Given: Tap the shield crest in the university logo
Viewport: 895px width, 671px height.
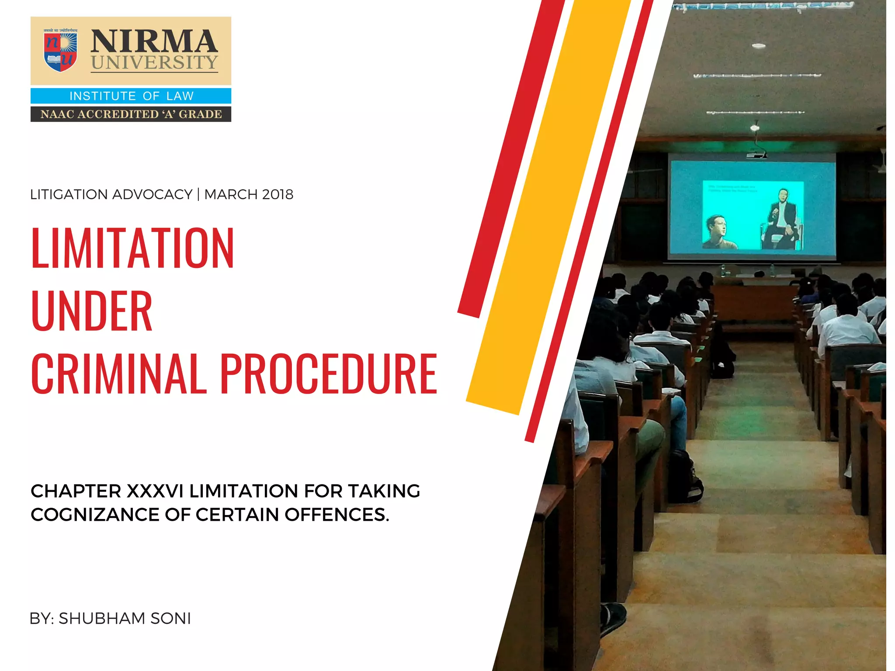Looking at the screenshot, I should click(60, 51).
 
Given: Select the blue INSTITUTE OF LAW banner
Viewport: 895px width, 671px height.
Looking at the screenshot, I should click(131, 96).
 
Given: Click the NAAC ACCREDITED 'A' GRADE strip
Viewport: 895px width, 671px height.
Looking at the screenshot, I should click(131, 114).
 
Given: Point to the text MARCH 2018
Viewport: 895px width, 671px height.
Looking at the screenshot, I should click(249, 194).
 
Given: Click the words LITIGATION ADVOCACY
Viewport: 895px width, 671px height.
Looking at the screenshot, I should click(111, 194).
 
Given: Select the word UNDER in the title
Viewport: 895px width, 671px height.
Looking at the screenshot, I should click(92, 311).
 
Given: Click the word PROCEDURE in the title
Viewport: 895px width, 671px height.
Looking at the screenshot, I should click(328, 374).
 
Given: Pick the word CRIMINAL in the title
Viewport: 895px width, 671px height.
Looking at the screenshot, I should click(118, 374).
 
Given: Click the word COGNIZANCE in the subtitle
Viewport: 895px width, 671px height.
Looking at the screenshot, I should click(94, 515).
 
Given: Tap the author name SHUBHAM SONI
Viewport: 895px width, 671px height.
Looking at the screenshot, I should click(125, 619).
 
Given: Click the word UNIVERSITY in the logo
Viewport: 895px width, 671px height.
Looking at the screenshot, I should click(154, 62).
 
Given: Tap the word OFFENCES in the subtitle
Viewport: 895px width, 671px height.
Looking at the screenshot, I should click(336, 515).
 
